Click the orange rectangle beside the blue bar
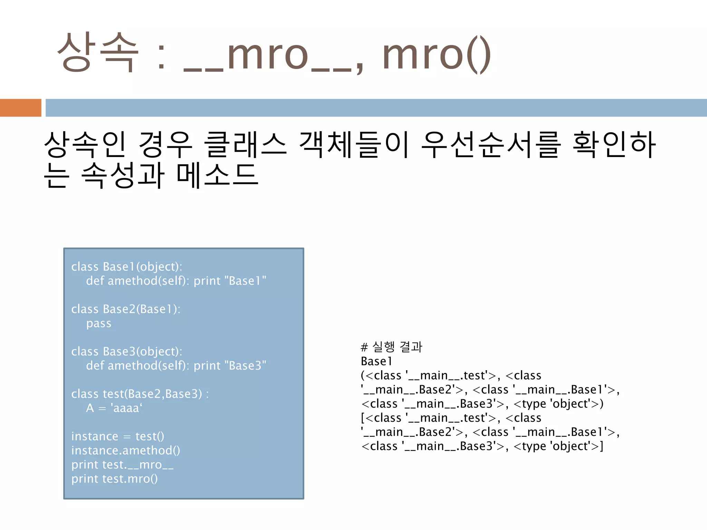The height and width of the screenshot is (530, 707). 20,108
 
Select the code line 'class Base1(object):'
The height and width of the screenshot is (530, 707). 126,267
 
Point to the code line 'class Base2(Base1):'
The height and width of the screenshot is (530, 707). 126,309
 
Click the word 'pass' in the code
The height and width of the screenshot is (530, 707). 99,324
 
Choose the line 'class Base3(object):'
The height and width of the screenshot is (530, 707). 126,352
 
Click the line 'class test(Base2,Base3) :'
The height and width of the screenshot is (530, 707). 140,394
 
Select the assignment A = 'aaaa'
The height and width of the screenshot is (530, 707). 114,408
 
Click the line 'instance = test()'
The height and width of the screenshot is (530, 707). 117,436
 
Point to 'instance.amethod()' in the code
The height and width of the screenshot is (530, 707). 126,451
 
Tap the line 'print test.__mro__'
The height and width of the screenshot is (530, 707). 122,465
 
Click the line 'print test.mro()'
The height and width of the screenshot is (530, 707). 114,479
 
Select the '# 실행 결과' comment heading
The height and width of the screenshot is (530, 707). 391,347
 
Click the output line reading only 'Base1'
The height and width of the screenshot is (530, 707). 376,361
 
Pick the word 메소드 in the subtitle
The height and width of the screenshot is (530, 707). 217,175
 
